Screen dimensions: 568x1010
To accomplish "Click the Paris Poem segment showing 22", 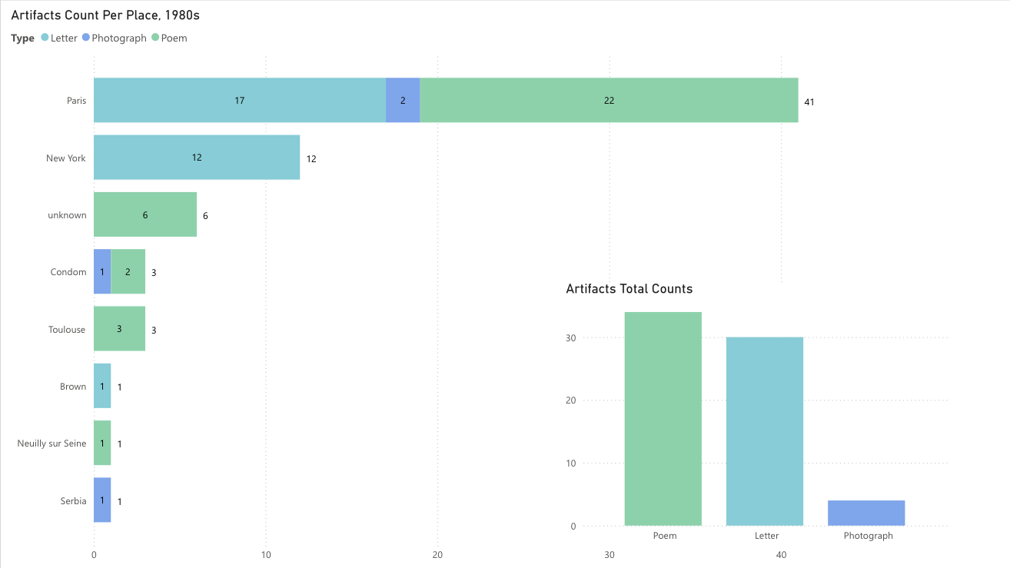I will coord(609,100).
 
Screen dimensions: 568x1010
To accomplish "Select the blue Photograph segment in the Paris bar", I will coord(403,100).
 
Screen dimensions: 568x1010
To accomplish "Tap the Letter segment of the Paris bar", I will coord(240,100).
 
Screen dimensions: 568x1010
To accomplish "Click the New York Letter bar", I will coord(197,158).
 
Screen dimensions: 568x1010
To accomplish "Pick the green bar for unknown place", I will coord(145,214).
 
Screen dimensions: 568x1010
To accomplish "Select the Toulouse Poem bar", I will coord(119,329).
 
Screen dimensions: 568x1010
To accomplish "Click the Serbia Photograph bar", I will coord(102,500).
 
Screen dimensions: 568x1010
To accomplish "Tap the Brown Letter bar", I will coord(102,386).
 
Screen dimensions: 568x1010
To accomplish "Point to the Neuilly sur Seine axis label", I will coord(51,443).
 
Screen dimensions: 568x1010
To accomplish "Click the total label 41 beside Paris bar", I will coord(809,101).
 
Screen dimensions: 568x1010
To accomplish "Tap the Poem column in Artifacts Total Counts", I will coord(663,419).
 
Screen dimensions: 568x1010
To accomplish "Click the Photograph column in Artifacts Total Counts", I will coord(866,513).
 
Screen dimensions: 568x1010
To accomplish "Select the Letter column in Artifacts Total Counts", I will coord(765,431).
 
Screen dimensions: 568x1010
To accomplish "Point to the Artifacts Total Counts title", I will coord(629,289).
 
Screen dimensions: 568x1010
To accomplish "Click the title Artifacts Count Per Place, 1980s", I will coord(105,15).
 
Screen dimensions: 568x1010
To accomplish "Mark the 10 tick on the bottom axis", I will coord(265,555).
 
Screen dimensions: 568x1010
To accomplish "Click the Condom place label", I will coord(68,272).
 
